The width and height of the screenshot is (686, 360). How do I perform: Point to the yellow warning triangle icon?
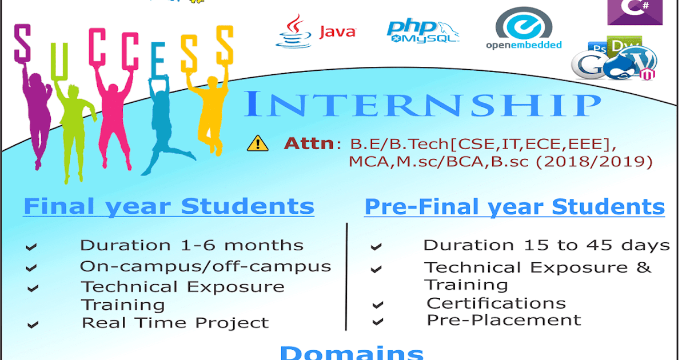click(x=258, y=143)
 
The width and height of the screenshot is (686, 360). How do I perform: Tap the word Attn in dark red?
click(x=309, y=143)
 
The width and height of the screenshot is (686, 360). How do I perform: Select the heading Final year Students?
click(x=169, y=206)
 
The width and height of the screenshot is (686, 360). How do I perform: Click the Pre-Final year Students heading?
click(x=514, y=207)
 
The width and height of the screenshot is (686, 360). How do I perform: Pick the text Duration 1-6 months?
click(x=192, y=246)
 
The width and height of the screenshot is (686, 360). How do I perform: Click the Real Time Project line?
click(x=175, y=323)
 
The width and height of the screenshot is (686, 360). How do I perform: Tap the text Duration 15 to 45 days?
click(x=546, y=246)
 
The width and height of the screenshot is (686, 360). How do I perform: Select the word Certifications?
click(x=496, y=303)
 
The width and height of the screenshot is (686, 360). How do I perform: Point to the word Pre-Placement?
click(x=504, y=320)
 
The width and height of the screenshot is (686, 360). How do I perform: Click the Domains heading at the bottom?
click(x=352, y=351)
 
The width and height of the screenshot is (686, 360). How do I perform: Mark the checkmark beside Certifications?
click(x=377, y=305)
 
